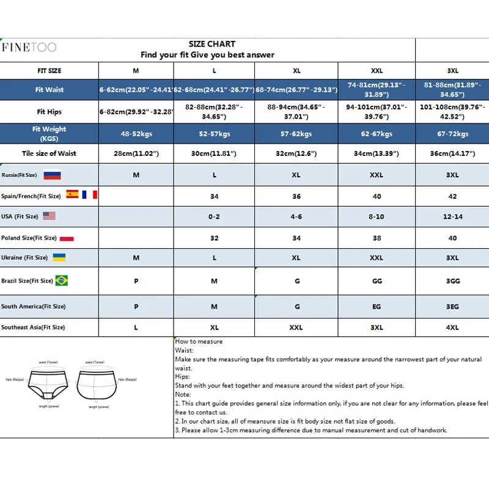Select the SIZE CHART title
[212, 44]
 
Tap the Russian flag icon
[52, 175]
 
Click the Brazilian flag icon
[61, 281]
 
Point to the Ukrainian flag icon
[59, 257]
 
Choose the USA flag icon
[49, 216]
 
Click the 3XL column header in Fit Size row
[452, 71]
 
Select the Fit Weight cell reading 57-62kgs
[296, 134]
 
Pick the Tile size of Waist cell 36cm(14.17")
[452, 153]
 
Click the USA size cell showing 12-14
[452, 216]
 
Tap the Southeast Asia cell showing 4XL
[452, 328]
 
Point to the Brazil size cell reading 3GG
[452, 281]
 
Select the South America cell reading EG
[377, 306]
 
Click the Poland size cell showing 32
[214, 238]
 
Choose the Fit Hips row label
[49, 112]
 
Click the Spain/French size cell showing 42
[452, 196]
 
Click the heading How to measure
[199, 342]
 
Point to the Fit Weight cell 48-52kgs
[136, 134]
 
